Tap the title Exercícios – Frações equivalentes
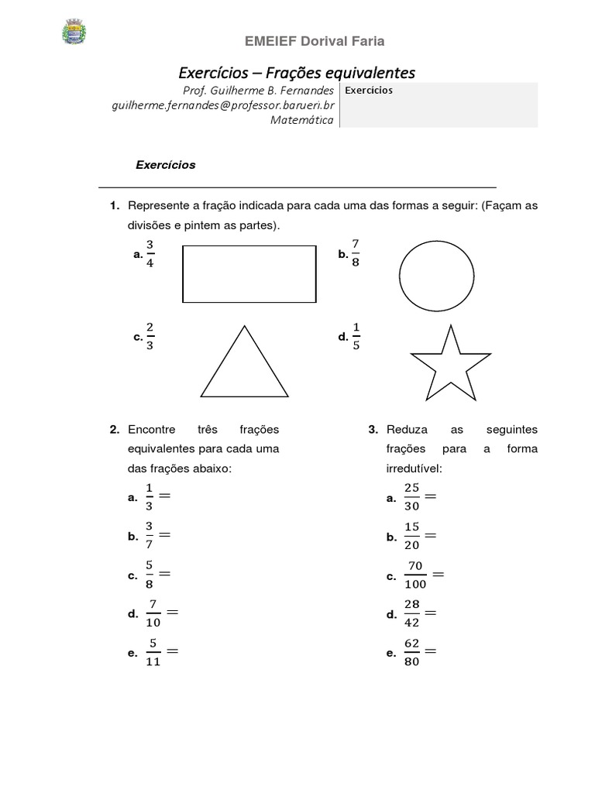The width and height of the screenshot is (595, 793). click(297, 73)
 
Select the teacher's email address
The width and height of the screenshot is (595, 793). click(223, 105)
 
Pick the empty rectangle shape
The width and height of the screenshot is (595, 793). click(249, 274)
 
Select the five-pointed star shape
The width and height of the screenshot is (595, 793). click(450, 361)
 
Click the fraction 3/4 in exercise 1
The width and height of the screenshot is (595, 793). click(150, 254)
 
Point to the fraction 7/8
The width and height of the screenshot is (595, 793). click(356, 253)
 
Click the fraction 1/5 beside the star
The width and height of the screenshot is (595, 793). click(356, 337)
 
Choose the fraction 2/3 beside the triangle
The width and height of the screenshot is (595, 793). click(150, 337)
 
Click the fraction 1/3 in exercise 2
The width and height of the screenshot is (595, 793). click(149, 497)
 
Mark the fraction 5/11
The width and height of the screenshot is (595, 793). click(153, 652)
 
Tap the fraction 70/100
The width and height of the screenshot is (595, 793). click(415, 575)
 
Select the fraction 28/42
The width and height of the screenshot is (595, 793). click(411, 613)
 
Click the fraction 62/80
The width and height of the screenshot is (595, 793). click(411, 652)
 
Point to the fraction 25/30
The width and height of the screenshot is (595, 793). click(411, 497)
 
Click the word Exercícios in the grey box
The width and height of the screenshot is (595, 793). click(369, 91)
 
